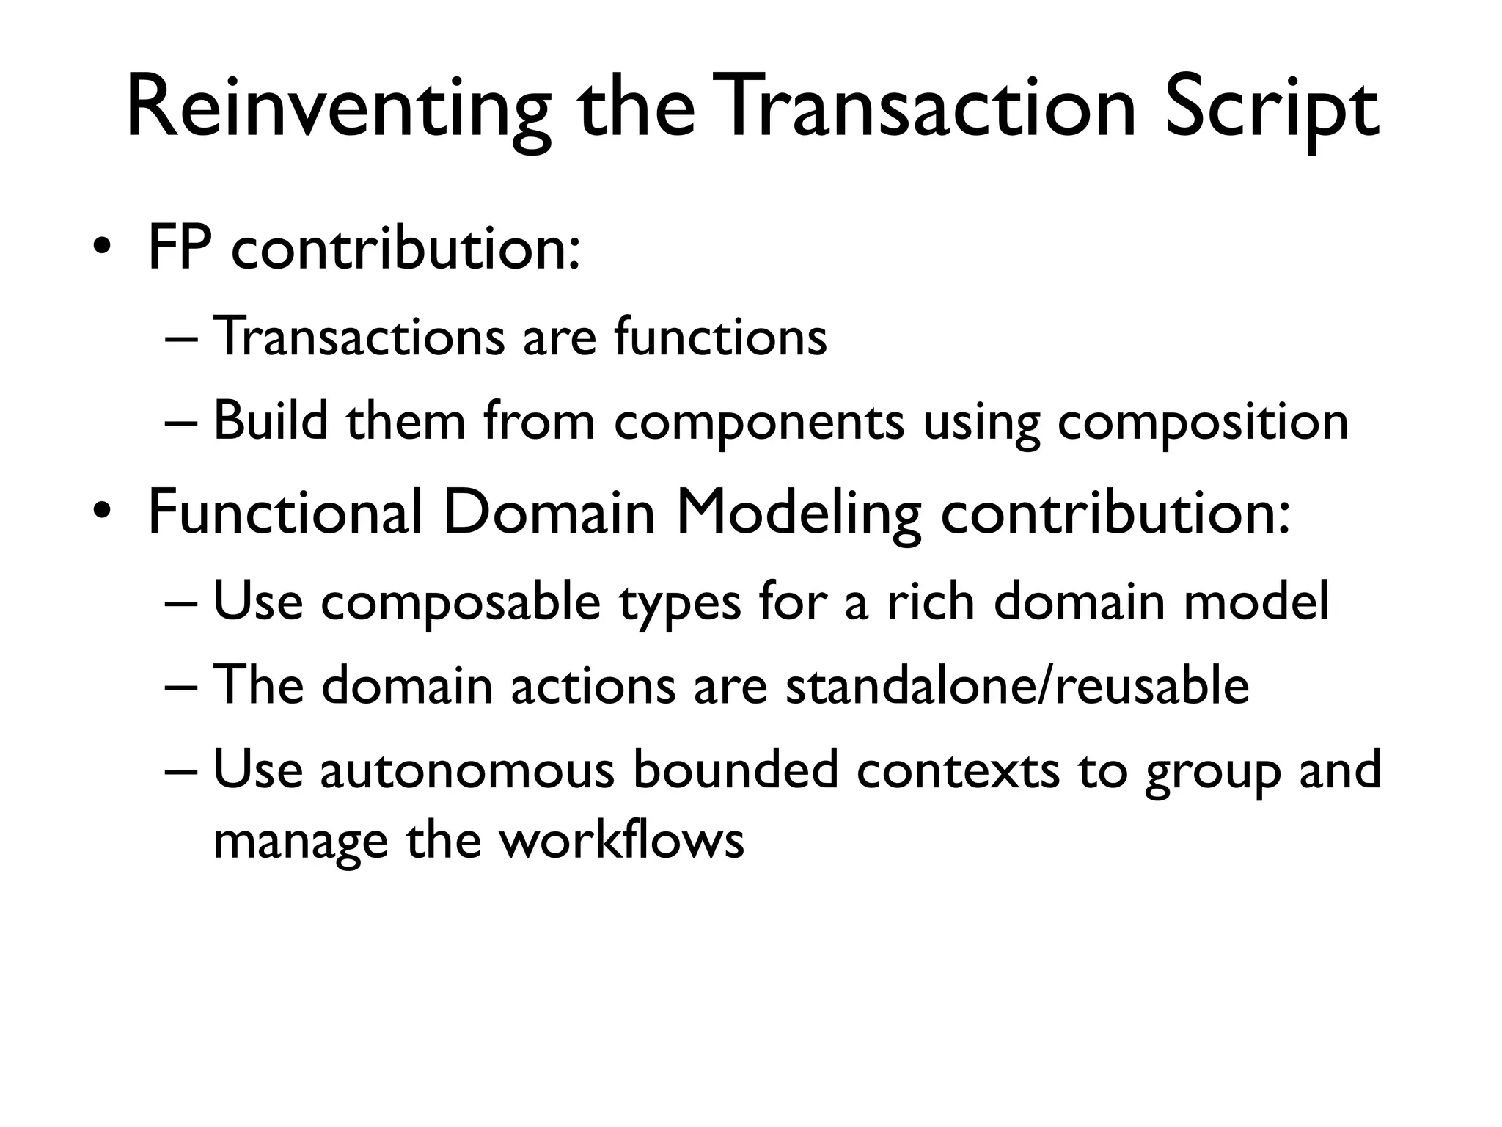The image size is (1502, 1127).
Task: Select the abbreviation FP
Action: [x=180, y=248]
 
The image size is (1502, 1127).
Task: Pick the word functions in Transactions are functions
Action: [x=720, y=338]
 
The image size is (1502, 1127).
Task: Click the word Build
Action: [x=270, y=422]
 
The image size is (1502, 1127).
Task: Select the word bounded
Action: [x=736, y=770]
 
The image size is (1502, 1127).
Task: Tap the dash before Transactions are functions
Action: [x=180, y=340]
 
